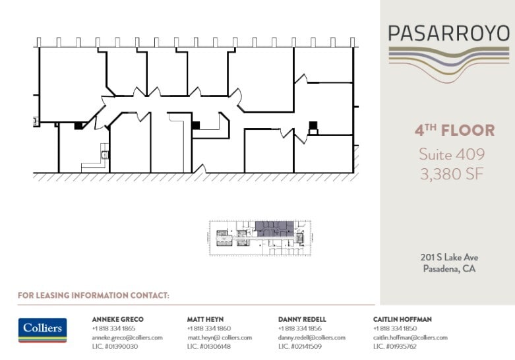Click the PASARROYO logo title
pyautogui.click(x=448, y=34)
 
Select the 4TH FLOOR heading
pyautogui.click(x=454, y=131)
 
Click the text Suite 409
pyautogui.click(x=452, y=154)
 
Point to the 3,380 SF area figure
pyautogui.click(x=452, y=174)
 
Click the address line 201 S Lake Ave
pyautogui.click(x=449, y=258)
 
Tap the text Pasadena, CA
pyautogui.click(x=449, y=268)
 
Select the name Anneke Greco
pyautogui.click(x=117, y=319)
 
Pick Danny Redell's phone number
pyautogui.click(x=299, y=328)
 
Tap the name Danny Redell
pyautogui.click(x=302, y=319)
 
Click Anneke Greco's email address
pyautogui.click(x=127, y=338)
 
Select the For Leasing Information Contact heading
pyautogui.click(x=94, y=295)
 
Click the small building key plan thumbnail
pyautogui.click(x=260, y=237)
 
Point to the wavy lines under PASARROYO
pyautogui.click(x=448, y=60)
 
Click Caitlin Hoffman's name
pyautogui.click(x=402, y=319)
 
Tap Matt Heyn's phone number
pyautogui.click(x=208, y=328)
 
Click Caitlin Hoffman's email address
pyautogui.click(x=409, y=338)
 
